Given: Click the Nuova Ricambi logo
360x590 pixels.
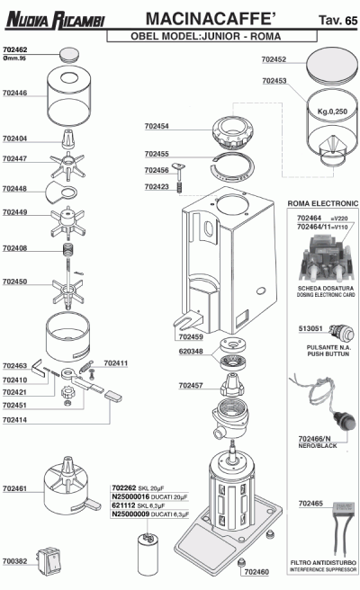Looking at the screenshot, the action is pos(55,20).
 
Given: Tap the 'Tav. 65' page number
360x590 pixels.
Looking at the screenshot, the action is pos(337,20).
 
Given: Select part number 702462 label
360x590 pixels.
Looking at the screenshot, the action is pos(14,49).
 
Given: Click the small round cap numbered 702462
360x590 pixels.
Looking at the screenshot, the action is pos(69,54).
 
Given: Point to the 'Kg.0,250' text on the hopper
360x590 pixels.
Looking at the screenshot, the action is pos(332,112).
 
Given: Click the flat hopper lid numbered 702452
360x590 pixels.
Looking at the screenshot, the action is pos(332,65).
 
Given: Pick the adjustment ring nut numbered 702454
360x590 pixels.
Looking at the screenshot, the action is pos(232,133).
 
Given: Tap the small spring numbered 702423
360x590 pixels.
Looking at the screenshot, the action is pos(180,187).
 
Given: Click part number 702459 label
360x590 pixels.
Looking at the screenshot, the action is pos(191,337).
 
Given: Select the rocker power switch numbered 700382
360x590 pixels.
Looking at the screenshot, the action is pos(49,562).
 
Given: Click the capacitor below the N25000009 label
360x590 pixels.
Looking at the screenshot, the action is pos(148,554).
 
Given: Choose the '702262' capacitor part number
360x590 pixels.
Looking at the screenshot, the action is pos(124,487).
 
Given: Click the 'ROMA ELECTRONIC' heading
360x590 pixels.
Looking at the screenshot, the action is pos(323,203).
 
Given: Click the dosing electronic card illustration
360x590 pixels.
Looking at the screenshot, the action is pos(327,259).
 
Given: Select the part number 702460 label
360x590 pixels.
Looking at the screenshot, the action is pos(256,572).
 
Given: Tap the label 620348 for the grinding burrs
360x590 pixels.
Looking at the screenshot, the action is pos(191,352).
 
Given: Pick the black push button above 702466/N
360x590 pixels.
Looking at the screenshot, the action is pos(346,422).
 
